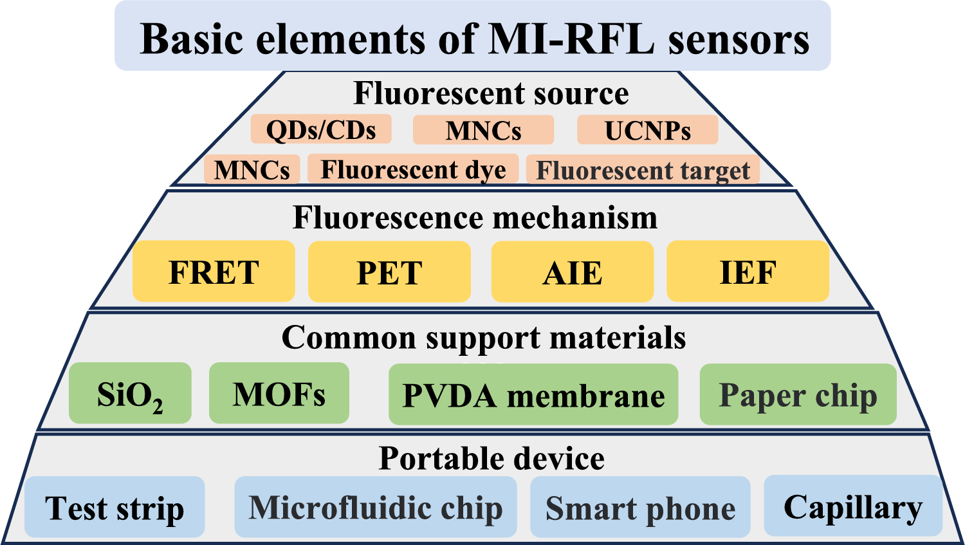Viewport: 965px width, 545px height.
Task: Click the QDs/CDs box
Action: pyautogui.click(x=321, y=130)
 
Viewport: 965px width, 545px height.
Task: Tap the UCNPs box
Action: pyautogui.click(x=647, y=130)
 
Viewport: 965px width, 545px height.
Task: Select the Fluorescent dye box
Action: pyautogui.click(x=413, y=169)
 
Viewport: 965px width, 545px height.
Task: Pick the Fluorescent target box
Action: pyautogui.click(x=643, y=171)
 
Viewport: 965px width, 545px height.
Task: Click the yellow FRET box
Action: pyautogui.click(x=214, y=272)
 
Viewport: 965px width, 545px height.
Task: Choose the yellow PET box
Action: pyautogui.click(x=389, y=272)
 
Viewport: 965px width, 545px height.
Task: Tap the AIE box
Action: pyautogui.click(x=573, y=272)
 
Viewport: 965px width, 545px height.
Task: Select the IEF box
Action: pyautogui.click(x=748, y=272)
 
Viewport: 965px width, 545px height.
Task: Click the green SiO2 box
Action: pyautogui.click(x=130, y=394)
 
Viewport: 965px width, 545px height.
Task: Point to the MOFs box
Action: pyautogui.click(x=279, y=394)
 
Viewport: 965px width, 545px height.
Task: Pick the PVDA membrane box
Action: pyautogui.click(x=533, y=394)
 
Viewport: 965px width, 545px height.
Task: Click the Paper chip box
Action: pyautogui.click(x=798, y=394)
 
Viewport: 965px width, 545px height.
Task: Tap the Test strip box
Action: pyautogui.click(x=115, y=508)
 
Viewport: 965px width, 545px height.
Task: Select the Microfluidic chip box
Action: pyautogui.click(x=376, y=508)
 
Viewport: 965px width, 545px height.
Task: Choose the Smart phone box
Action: pyautogui.click(x=640, y=508)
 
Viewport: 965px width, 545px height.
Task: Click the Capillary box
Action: pyautogui.click(x=853, y=506)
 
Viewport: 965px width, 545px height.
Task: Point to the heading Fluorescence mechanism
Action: pyautogui.click(x=475, y=217)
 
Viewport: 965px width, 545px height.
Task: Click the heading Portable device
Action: pyautogui.click(x=492, y=458)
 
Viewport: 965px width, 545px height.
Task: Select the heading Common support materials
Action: pyautogui.click(x=484, y=337)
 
